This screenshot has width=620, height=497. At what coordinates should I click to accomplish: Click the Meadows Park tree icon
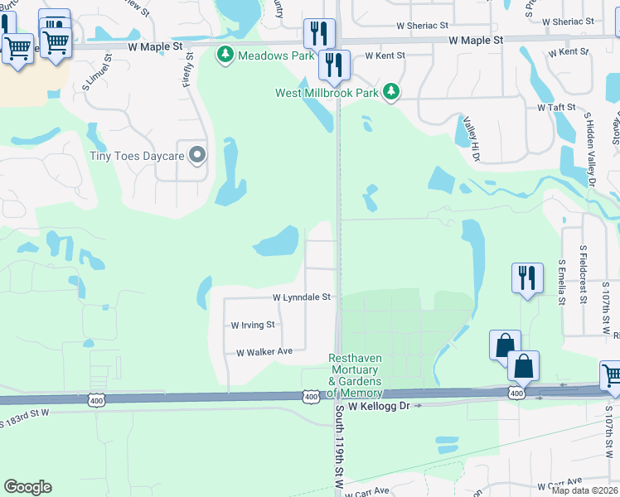point(225,55)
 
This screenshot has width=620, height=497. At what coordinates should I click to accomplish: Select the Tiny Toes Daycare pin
point(197,155)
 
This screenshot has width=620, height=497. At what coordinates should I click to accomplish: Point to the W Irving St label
point(252,326)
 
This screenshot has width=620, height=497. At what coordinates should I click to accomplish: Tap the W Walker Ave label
point(264,352)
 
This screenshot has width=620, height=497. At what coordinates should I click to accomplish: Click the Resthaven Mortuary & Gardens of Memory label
point(355,375)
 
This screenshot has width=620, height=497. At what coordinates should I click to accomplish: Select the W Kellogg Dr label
point(379,407)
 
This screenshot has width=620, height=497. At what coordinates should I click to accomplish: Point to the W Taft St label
point(556,108)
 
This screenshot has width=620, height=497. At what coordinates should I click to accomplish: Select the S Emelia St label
point(561,282)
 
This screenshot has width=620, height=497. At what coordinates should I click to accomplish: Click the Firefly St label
point(188,71)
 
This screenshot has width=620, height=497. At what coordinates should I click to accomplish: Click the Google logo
point(27,487)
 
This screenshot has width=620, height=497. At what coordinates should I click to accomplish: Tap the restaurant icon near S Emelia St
point(527,277)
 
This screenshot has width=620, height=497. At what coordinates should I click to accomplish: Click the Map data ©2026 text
point(585,490)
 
